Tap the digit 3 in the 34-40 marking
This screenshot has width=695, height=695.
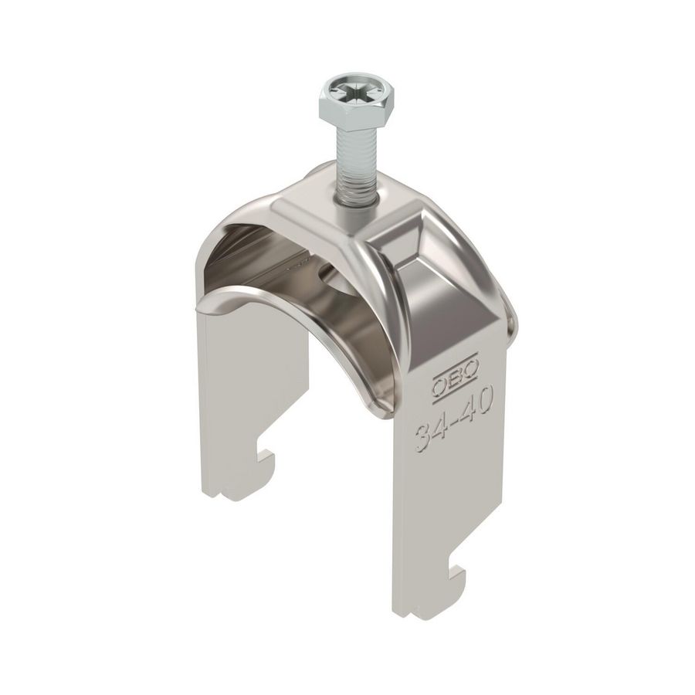click(x=422, y=441)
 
